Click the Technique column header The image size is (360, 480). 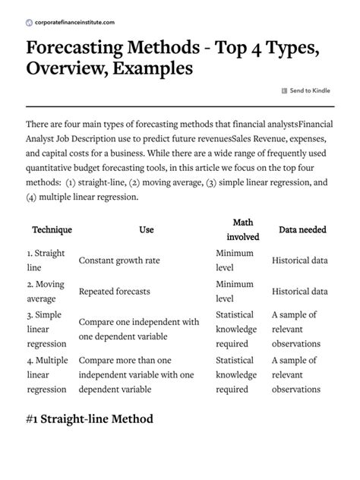coord(51,229)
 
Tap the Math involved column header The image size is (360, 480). coord(243,229)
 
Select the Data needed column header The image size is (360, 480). coord(303,229)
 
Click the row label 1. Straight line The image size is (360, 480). coord(46,260)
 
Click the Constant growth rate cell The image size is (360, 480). coord(119,261)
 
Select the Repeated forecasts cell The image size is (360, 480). coord(115,292)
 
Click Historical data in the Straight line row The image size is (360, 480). coord(300,261)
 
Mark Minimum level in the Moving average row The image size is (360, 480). coord(235,292)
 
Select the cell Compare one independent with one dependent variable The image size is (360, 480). coord(138,329)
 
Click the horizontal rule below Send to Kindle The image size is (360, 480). coord(180,106)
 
